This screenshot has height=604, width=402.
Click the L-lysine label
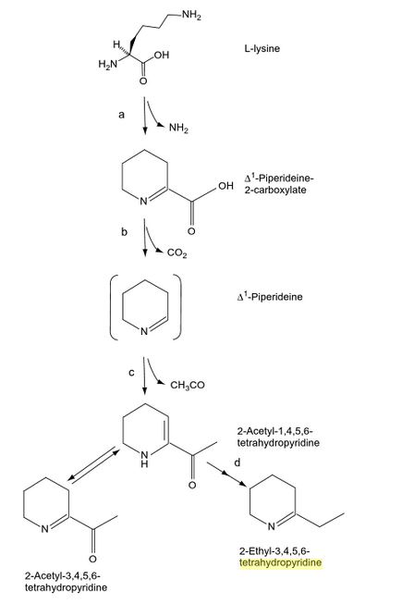[262, 49]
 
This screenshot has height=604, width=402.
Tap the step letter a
[122, 115]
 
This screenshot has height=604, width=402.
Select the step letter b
[124, 231]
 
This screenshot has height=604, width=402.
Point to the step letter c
[131, 373]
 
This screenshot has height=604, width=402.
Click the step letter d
[237, 462]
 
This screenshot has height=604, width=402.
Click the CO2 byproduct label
[177, 253]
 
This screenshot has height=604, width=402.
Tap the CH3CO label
[188, 385]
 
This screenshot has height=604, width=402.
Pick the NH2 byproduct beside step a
[178, 128]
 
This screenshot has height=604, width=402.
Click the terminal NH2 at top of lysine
[191, 16]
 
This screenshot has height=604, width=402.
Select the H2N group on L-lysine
[108, 65]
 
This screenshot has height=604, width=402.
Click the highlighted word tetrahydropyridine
[280, 562]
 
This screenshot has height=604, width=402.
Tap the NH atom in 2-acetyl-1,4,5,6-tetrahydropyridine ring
[144, 459]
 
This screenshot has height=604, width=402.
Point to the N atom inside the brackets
[143, 331]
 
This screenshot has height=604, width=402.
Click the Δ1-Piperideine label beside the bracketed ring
[270, 297]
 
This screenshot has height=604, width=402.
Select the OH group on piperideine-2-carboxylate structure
[225, 186]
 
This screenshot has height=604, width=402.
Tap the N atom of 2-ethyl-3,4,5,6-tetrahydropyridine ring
[271, 526]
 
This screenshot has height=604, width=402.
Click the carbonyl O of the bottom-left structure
[92, 559]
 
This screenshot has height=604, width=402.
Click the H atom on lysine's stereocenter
[116, 43]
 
